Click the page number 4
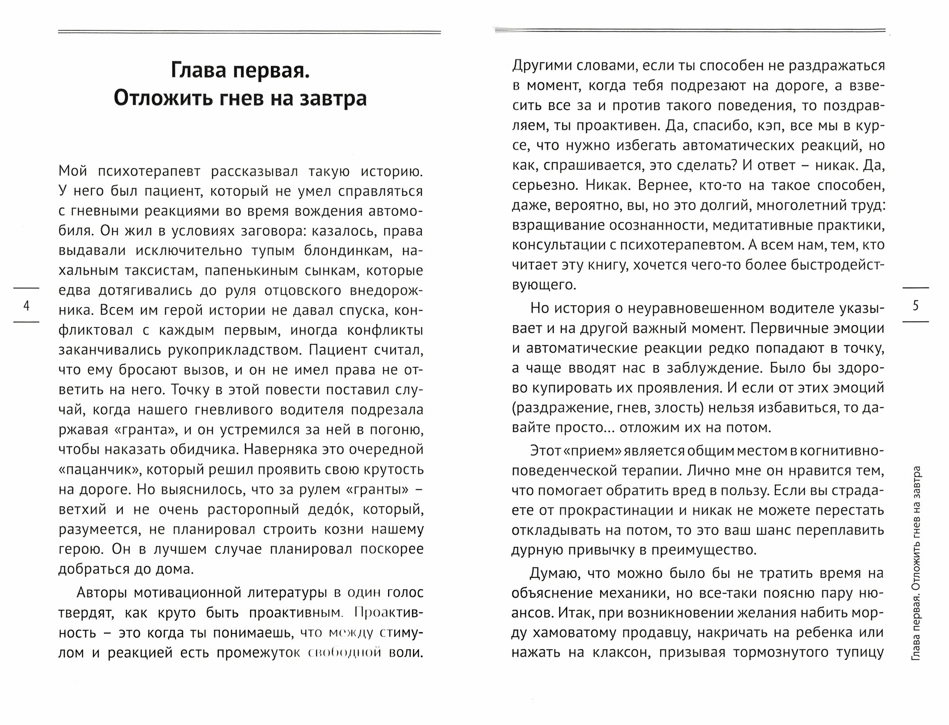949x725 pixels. pos(27,306)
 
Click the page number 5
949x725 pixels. pos(915,306)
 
